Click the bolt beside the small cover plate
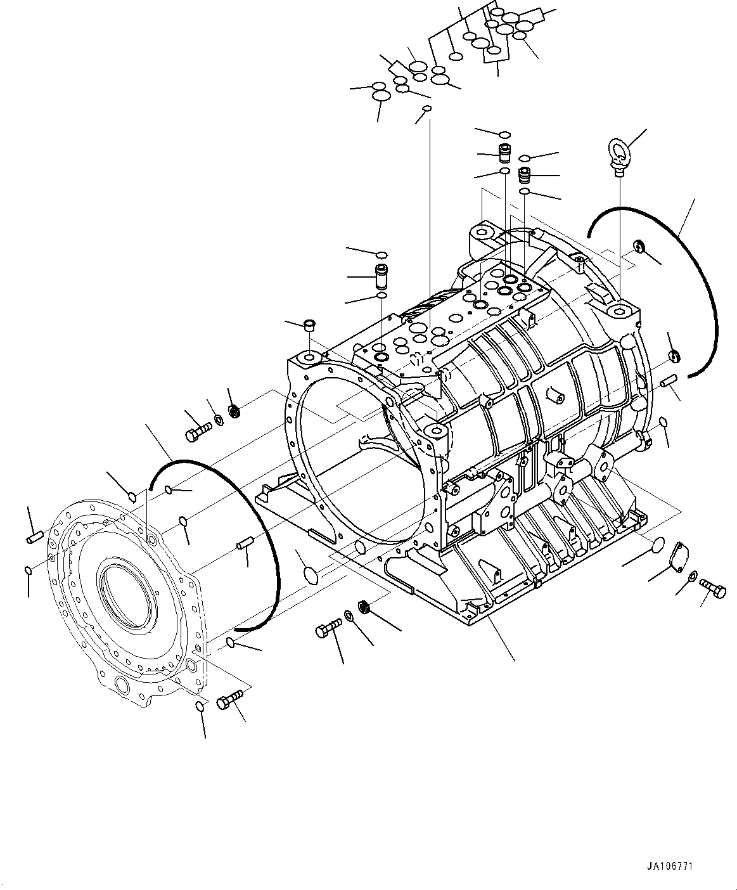click(712, 588)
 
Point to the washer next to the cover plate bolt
click(693, 576)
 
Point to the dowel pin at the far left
click(35, 537)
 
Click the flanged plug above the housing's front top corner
click(310, 326)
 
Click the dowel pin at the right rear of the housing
click(669, 380)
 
